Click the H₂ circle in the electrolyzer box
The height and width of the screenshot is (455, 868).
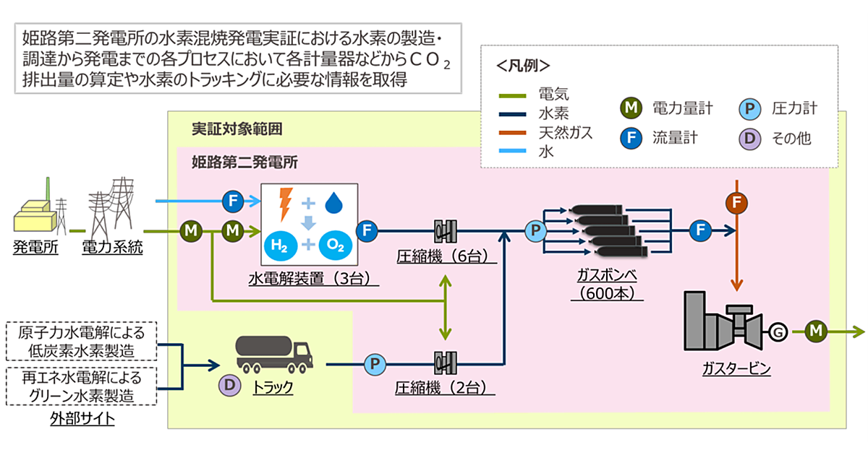281,246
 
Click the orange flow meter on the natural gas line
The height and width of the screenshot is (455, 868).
736,203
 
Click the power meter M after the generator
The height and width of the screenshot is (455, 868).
816,331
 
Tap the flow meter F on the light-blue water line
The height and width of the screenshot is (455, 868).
233,201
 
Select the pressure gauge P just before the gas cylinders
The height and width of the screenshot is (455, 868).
536,231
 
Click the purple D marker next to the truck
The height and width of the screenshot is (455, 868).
229,386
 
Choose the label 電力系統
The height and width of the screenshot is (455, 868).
114,248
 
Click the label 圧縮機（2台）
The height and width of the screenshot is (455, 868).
445,388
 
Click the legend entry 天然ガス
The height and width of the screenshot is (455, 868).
565,132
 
